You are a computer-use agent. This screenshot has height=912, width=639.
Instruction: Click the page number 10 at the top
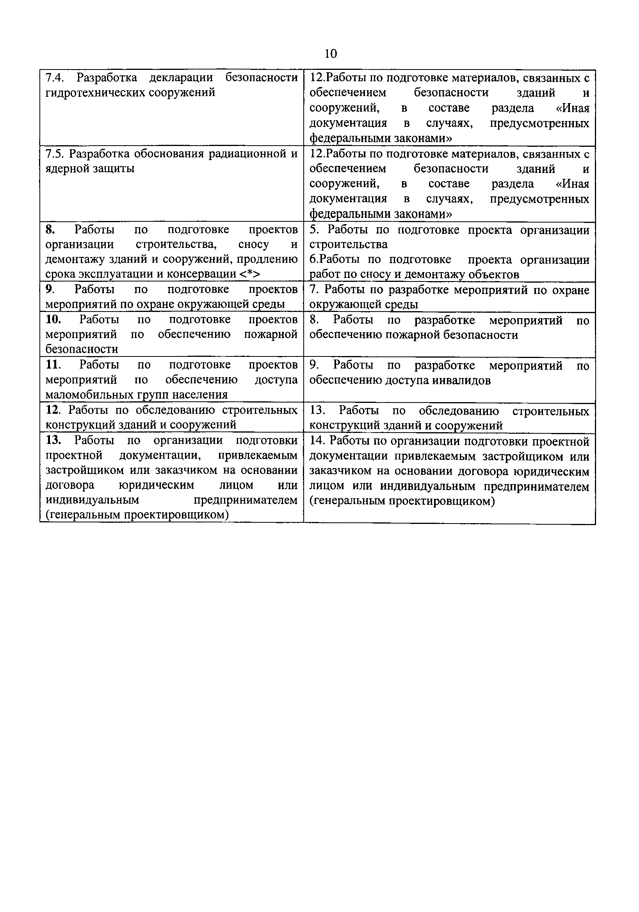coord(330,53)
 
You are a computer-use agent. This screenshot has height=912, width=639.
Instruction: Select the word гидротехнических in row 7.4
coord(95,93)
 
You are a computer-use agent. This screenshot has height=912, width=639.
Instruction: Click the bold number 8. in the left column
coord(50,230)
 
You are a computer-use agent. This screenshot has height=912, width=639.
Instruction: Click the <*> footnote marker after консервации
coord(250,274)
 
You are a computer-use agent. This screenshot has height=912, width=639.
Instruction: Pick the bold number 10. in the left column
coord(53,319)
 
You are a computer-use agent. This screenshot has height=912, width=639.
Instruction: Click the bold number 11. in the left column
coord(53,364)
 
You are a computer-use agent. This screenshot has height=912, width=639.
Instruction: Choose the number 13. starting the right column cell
coord(318,410)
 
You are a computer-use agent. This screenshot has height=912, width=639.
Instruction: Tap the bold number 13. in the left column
coord(53,440)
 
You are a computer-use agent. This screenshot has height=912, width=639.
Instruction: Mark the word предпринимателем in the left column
coord(246,500)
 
